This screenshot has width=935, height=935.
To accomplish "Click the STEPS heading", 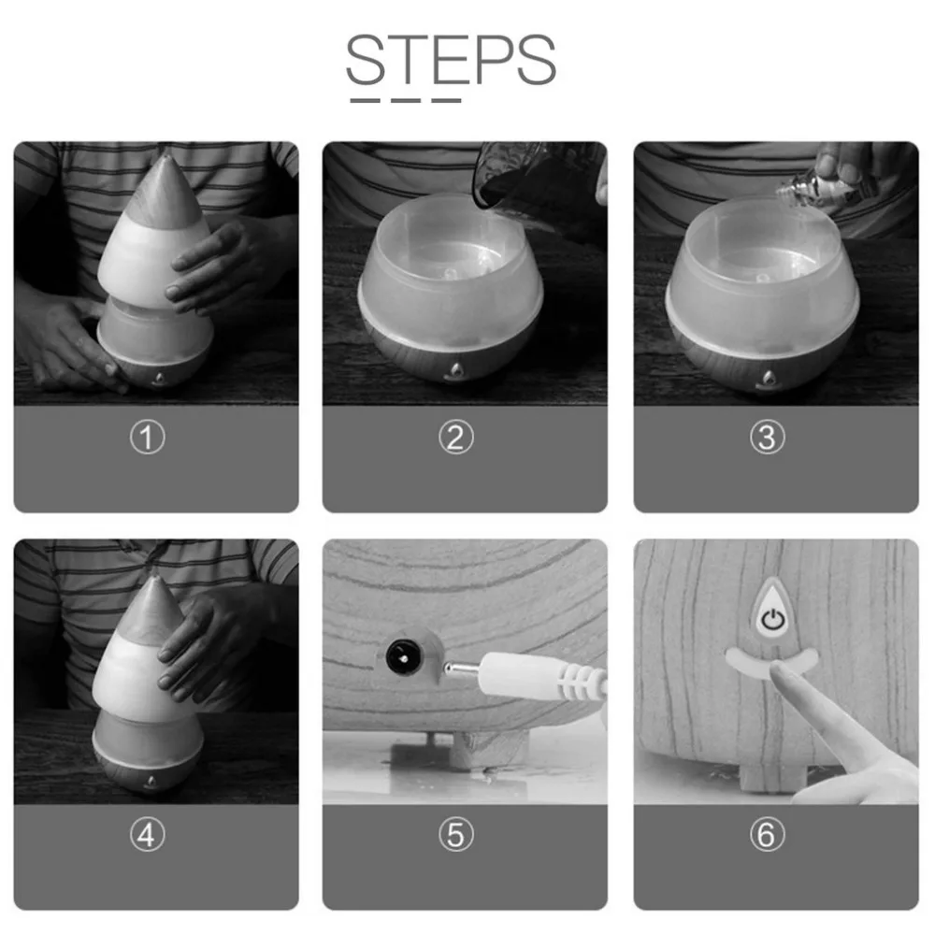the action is coord(451,60).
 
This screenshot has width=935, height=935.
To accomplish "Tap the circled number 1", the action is coord(148,437).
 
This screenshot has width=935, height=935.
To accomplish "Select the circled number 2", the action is coord(456,437).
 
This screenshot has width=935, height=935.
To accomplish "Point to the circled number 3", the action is coord(768,437).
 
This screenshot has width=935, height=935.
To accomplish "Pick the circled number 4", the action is coord(148,834).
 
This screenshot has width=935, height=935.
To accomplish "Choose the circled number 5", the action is coord(456,834).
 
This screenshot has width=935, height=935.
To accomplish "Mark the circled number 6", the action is coord(768,834).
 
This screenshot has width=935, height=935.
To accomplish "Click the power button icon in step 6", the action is coord(773,620).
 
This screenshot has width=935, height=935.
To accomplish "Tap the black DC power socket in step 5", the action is coord(402,657).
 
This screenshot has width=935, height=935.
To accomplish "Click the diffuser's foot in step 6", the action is coord(771,779).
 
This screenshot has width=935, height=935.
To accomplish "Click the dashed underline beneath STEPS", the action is coord(406,101).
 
